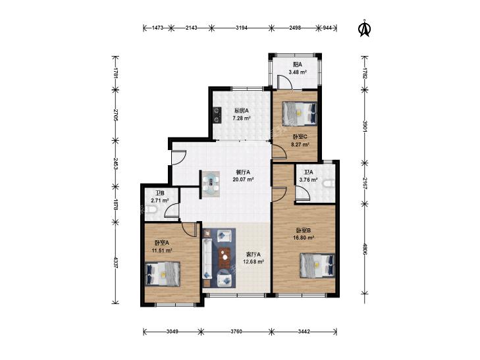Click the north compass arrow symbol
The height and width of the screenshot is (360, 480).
click(x=364, y=28)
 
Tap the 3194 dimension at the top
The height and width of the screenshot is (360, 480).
click(x=242, y=28)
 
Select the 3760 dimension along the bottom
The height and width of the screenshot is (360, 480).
click(x=236, y=332)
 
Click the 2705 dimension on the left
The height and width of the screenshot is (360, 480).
click(x=115, y=115)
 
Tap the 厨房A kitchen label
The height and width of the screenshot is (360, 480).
click(x=241, y=111)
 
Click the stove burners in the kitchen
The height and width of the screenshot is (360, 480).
click(x=217, y=115)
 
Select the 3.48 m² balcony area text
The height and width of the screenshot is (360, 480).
click(x=298, y=72)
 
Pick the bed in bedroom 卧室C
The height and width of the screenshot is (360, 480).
click(x=300, y=114)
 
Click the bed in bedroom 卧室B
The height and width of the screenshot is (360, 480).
click(x=317, y=265)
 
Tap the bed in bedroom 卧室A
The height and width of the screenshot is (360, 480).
click(x=163, y=274)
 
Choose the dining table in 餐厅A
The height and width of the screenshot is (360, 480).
click(x=211, y=184)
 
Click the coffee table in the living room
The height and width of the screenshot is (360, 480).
click(x=225, y=257)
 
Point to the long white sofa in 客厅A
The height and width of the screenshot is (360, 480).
click(x=207, y=259)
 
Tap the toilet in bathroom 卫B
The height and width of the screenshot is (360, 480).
click(x=151, y=210)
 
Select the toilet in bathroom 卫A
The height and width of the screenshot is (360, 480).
click(x=329, y=184)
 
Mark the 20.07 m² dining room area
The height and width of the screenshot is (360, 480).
click(x=243, y=180)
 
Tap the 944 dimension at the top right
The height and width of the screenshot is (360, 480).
click(x=327, y=28)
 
